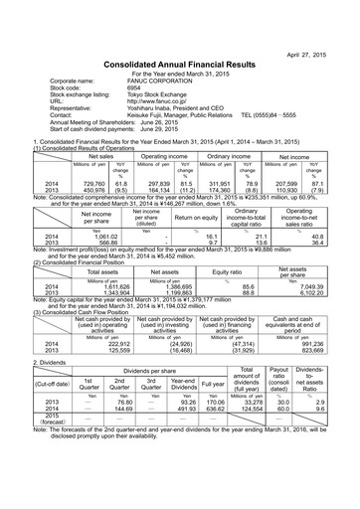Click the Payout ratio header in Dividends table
point(279,382)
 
